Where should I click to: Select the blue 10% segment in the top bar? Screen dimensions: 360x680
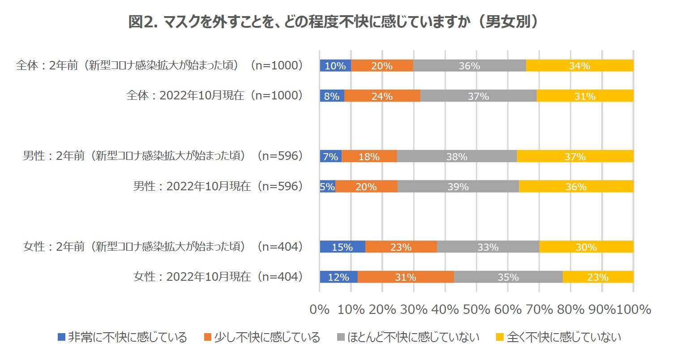point(335,66)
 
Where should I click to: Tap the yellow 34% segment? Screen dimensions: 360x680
point(579,66)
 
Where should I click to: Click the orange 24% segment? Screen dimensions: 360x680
point(382,96)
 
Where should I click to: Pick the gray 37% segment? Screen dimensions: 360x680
point(478,96)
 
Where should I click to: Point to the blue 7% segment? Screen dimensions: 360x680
point(330,156)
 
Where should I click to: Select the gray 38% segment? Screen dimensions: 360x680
point(457,156)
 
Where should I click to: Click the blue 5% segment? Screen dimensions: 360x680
point(327,187)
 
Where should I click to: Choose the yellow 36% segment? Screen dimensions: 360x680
point(576,187)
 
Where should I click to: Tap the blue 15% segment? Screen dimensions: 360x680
point(342,247)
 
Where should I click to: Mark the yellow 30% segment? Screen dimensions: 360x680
point(586,247)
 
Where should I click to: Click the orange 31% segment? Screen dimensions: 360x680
point(406,277)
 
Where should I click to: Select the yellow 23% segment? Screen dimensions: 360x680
point(598,277)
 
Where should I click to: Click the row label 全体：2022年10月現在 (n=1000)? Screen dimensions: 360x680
point(215,95)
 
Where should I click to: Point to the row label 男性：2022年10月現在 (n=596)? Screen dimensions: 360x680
point(218,186)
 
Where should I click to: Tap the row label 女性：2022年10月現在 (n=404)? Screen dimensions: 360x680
point(218,277)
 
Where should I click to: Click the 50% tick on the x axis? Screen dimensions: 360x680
point(476,309)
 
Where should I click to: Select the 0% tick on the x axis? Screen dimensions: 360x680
point(320,309)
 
